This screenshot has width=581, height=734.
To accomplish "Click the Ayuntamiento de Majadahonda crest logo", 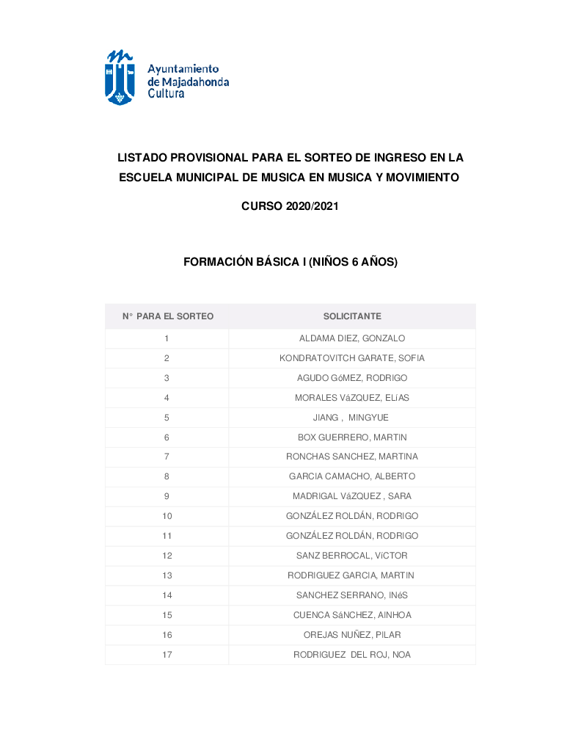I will pos(120,77).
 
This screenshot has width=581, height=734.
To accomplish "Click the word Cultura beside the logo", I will pos(166,94).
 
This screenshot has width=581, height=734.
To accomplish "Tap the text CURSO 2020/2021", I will pos(290,207).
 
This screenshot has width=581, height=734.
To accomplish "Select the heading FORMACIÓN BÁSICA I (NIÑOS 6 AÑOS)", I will pos(290,261).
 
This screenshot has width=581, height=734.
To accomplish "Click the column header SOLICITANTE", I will pos(352,316).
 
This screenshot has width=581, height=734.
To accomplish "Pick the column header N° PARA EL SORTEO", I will pos(167,316).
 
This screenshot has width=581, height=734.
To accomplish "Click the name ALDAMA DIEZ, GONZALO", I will pos(352,338).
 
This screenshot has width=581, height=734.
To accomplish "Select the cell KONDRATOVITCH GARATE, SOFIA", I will pos(352,358).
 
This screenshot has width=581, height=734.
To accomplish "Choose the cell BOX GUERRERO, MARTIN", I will pos(352,437).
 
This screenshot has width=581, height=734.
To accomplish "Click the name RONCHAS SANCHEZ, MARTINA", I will pos(352,457).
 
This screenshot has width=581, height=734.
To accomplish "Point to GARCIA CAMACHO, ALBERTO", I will pos(352,476).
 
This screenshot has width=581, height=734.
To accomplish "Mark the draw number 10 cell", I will pos(167,516).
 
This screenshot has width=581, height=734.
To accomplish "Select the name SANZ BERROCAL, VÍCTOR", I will pos(352,556).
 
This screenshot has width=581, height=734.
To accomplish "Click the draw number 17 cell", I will pos(167,655).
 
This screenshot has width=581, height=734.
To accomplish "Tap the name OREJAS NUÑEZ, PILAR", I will pos(352,635).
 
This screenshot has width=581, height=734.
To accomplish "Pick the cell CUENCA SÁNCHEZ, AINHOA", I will pos(352,615).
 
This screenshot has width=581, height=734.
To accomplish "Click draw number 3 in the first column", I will pos(167,378).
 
